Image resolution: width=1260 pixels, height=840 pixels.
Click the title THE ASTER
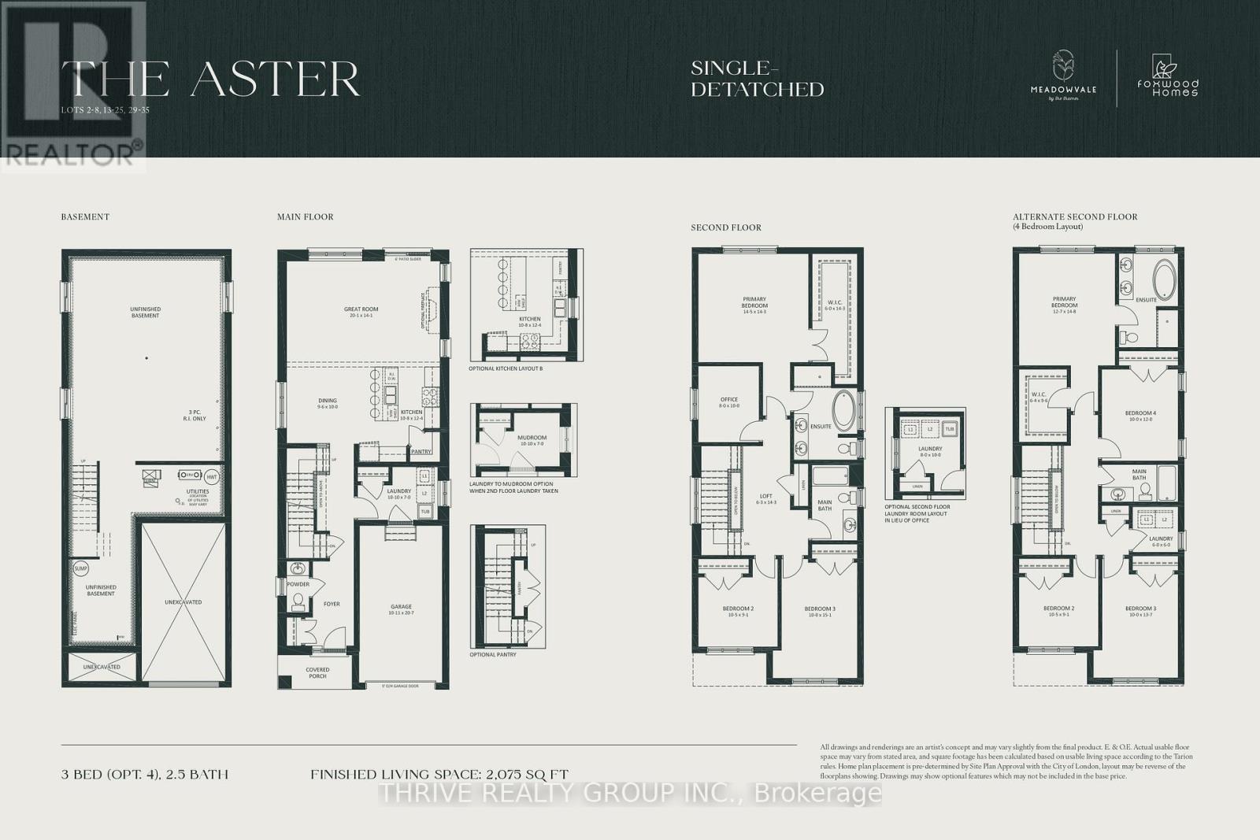[211, 79]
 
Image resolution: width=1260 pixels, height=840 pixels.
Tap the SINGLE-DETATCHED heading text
[757, 80]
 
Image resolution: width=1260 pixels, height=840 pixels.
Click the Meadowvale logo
[1063, 77]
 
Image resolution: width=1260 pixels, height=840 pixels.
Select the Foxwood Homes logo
[1168, 77]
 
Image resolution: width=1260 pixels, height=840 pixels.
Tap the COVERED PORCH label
[317, 673]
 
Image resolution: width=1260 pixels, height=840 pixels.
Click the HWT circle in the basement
[212, 476]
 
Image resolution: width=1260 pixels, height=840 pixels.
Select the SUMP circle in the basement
[80, 568]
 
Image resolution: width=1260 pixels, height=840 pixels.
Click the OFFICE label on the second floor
[728, 402]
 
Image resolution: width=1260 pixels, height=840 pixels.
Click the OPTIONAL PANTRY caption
[494, 654]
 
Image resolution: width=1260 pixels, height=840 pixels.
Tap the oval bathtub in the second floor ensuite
[843, 410]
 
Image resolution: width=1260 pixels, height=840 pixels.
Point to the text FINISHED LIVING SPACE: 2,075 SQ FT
[439, 775]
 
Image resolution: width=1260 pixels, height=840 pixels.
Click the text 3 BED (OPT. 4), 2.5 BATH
[145, 775]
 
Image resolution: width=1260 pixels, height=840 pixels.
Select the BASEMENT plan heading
[85, 216]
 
